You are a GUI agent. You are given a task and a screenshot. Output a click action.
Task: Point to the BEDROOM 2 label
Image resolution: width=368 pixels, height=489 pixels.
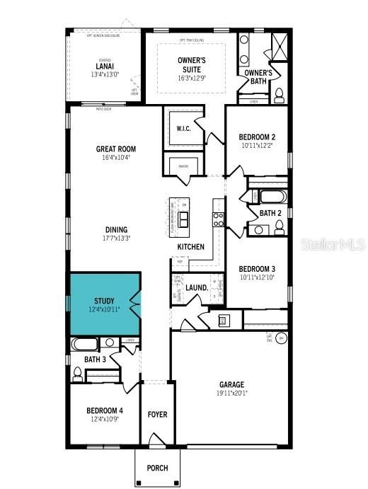257,137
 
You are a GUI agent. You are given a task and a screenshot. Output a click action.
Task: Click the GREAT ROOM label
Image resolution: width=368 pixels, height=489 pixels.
116,149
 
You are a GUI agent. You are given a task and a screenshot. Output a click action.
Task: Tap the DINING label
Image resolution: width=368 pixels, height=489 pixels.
116,229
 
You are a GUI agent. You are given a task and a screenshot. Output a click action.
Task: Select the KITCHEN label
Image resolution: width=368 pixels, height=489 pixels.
191,247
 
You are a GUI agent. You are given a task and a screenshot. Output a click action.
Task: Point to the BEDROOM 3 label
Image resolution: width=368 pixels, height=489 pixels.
256,269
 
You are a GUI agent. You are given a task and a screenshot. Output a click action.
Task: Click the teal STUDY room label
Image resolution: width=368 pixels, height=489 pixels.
104,301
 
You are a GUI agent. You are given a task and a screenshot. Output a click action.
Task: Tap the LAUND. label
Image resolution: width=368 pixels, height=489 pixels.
197,288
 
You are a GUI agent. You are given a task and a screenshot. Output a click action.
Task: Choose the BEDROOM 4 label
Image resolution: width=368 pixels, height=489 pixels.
104,410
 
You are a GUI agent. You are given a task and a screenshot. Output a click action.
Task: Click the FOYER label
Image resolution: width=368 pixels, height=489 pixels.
157,414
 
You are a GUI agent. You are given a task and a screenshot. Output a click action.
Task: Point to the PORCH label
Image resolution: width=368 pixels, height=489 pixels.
157,468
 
